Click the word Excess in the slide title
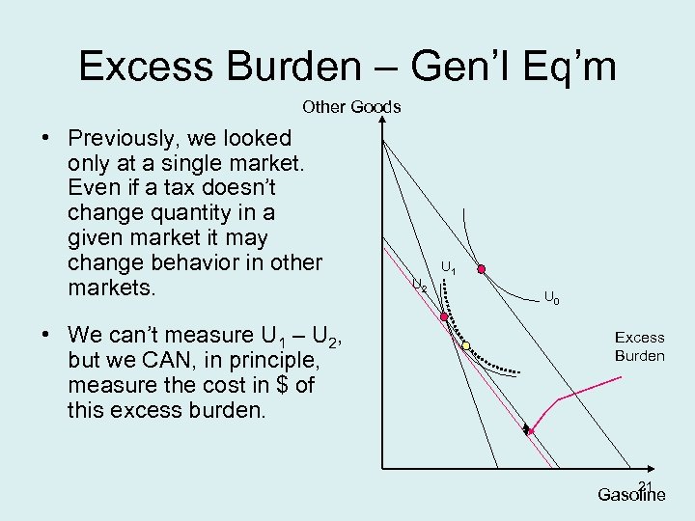click(144, 66)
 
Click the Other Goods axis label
click(351, 107)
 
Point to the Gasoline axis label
click(629, 495)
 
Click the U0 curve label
click(551, 298)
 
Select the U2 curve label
click(420, 285)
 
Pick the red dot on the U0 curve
click(481, 269)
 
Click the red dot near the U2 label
click(444, 316)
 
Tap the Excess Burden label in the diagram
click(639, 346)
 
